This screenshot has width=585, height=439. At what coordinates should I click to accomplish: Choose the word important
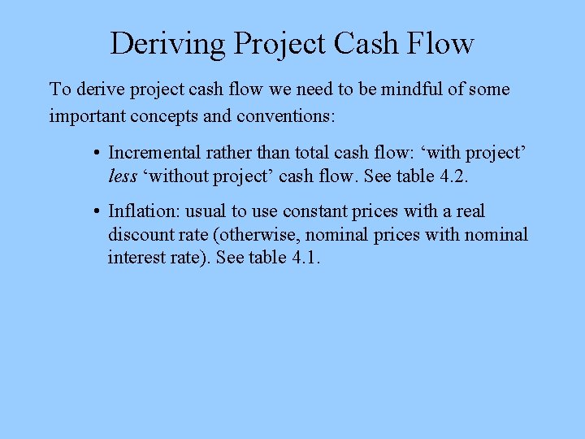pyautogui.click(x=86, y=115)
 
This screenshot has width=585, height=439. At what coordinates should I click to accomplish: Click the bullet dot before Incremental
pyautogui.click(x=96, y=153)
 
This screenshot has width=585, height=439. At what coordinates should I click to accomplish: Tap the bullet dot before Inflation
pyautogui.click(x=96, y=212)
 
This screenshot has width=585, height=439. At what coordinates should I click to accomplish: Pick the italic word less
pyautogui.click(x=123, y=176)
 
